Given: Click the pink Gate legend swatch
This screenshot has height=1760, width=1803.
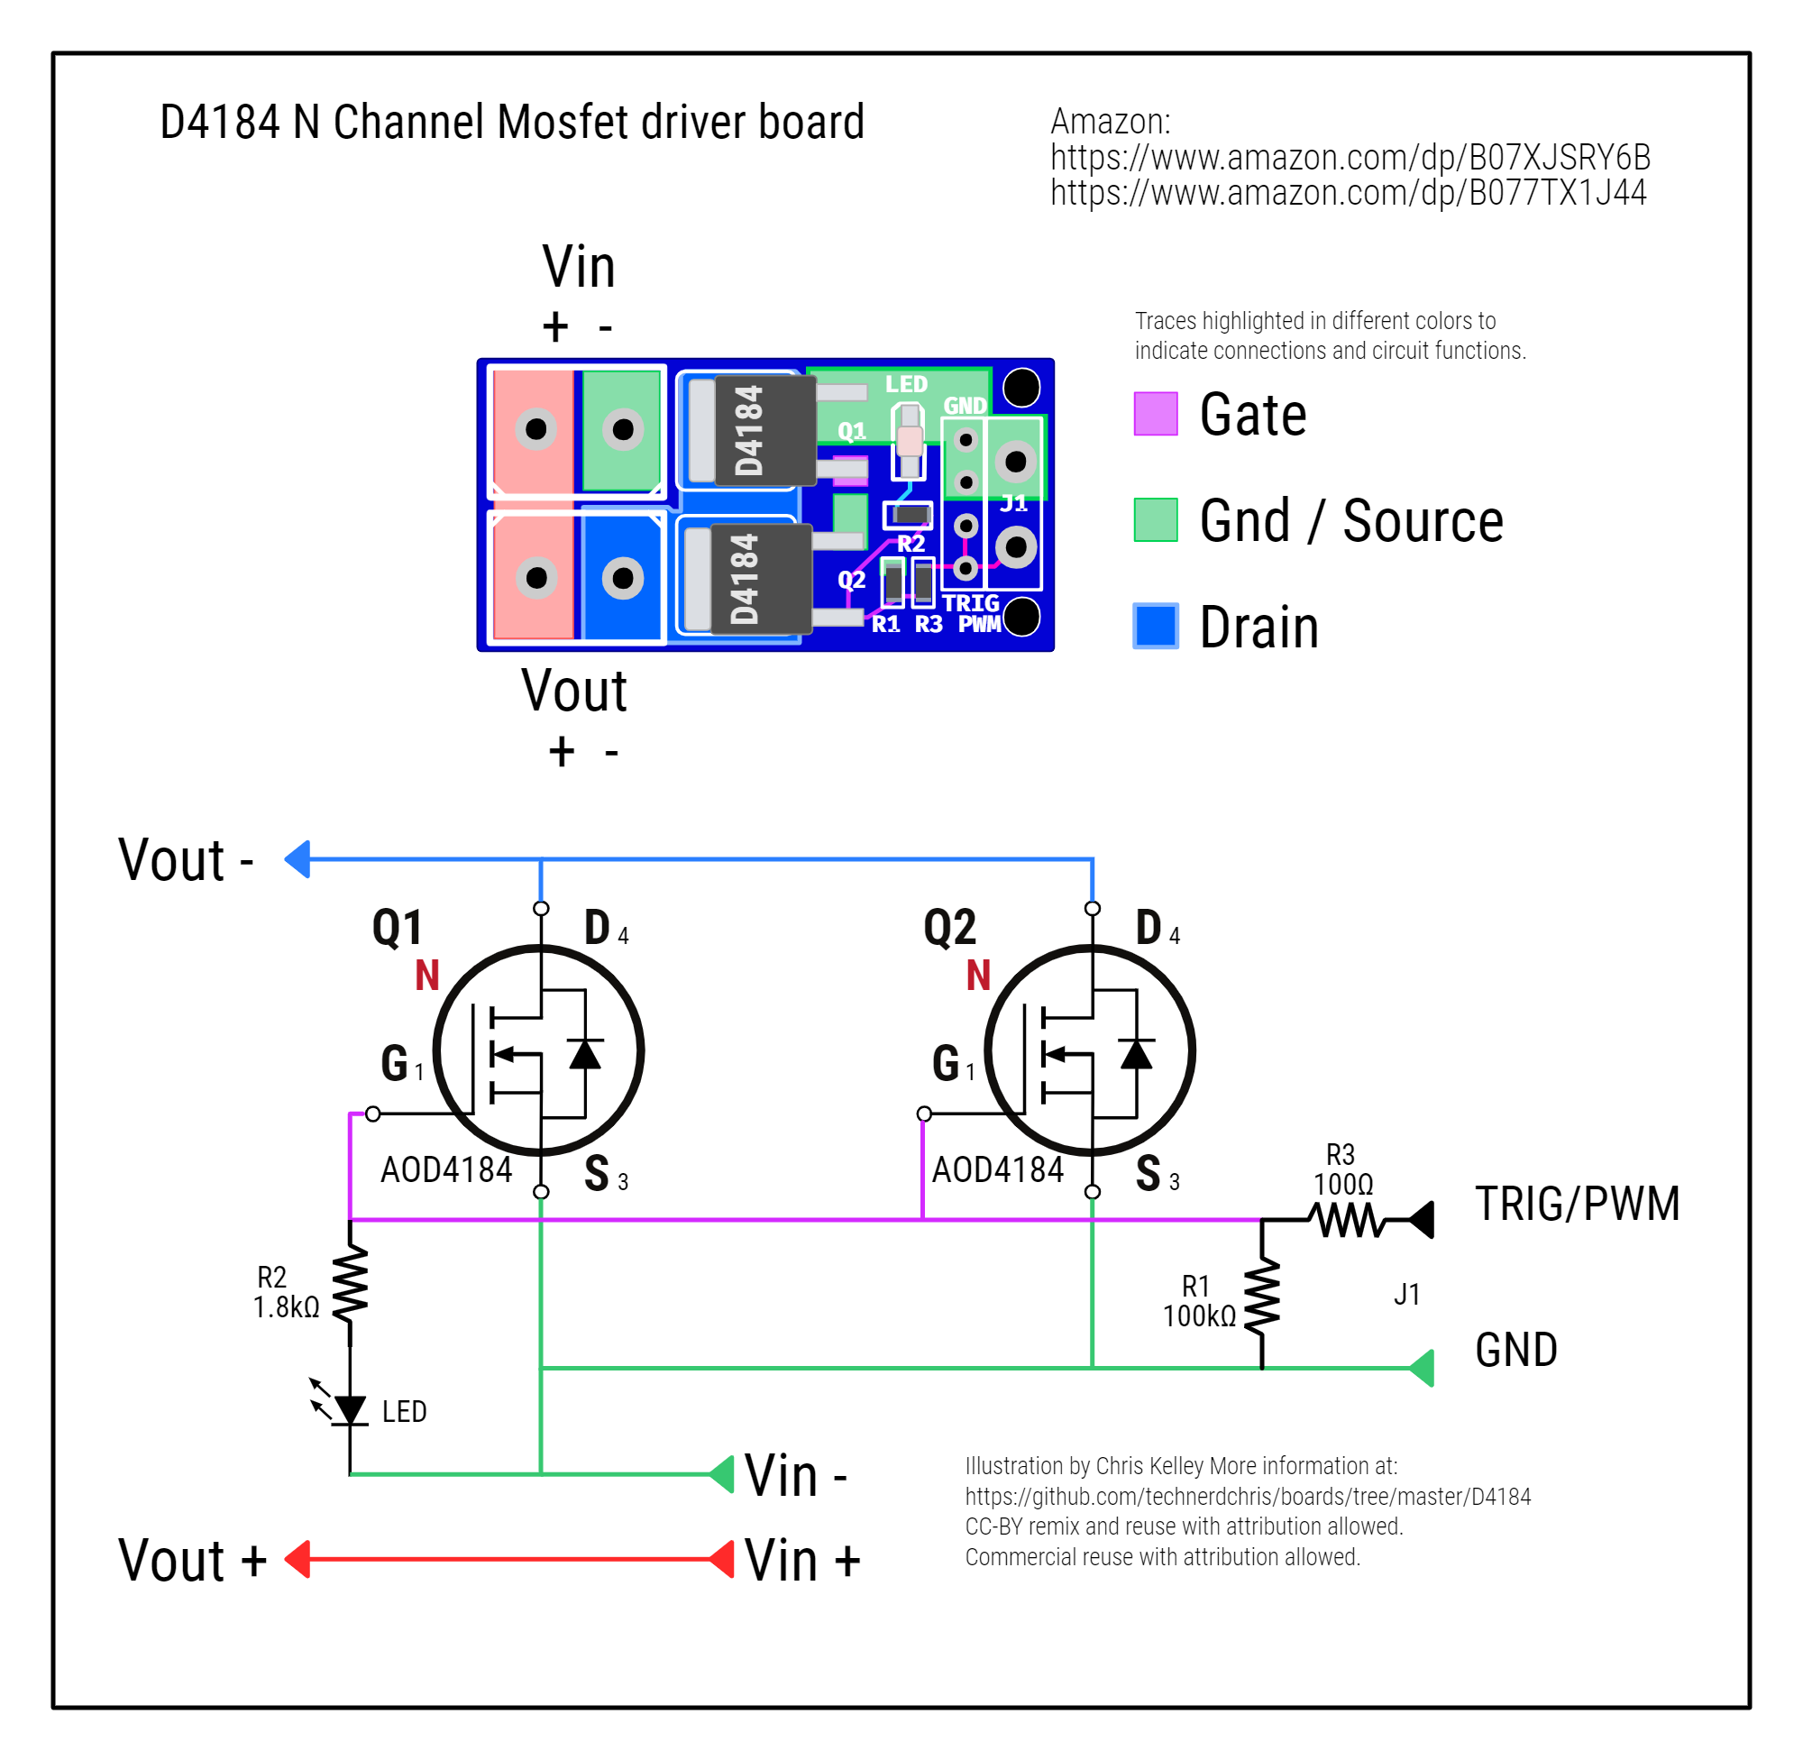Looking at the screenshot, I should tap(1155, 413).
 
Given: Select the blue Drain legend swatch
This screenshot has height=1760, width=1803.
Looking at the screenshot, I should tap(1155, 626).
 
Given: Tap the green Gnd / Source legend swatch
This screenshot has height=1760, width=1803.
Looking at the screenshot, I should tap(1155, 519).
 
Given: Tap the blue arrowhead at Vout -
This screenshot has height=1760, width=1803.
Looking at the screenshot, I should tap(297, 859).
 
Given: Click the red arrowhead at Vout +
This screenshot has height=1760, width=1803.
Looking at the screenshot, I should tap(297, 1561).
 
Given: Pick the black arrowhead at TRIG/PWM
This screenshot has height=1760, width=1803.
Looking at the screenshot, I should tap(1423, 1220).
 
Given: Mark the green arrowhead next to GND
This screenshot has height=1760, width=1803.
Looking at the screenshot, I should tap(1423, 1369).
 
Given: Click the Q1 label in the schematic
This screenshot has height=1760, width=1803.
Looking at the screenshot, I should tap(398, 928).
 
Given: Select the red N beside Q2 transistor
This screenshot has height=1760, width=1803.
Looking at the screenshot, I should tap(979, 976).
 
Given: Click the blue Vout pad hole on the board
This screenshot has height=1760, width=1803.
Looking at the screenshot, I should tap(623, 579).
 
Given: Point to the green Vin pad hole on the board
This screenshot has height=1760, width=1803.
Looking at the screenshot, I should tap(623, 429).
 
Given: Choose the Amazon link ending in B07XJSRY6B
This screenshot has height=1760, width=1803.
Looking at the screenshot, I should tap(1350, 158).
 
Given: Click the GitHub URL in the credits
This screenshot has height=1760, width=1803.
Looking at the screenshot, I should tap(1248, 1497).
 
